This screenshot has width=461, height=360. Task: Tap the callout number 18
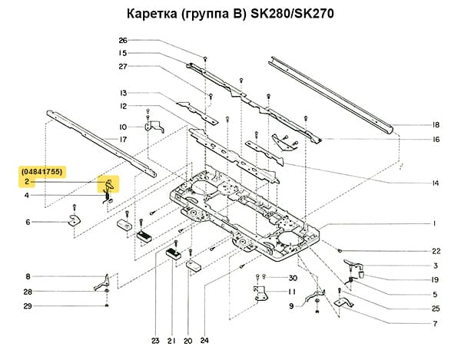pyautogui.click(x=435, y=124)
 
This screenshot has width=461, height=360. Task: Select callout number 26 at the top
pyautogui.click(x=122, y=40)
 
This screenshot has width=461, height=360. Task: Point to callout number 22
pyautogui.click(x=435, y=251)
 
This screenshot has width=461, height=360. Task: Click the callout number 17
pyautogui.click(x=122, y=139)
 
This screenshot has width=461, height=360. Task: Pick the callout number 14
pyautogui.click(x=435, y=183)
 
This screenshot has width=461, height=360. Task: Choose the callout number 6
pyautogui.click(x=28, y=223)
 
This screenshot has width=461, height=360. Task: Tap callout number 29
pyautogui.click(x=28, y=306)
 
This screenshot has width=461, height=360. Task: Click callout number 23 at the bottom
pyautogui.click(x=154, y=340)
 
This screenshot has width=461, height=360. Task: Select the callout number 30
pyautogui.click(x=292, y=277)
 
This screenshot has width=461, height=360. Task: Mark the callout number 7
pyautogui.click(x=435, y=323)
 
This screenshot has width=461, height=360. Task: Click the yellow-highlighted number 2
pyautogui.click(x=26, y=182)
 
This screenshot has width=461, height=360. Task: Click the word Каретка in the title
pyautogui.click(x=147, y=15)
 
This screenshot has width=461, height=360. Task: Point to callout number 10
pyautogui.click(x=122, y=127)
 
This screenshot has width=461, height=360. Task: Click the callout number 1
pyautogui.click(x=435, y=223)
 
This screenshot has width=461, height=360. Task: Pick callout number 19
pyautogui.click(x=435, y=279)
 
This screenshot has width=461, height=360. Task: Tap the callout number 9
pyautogui.click(x=291, y=306)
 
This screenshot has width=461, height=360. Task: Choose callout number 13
pyautogui.click(x=122, y=92)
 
